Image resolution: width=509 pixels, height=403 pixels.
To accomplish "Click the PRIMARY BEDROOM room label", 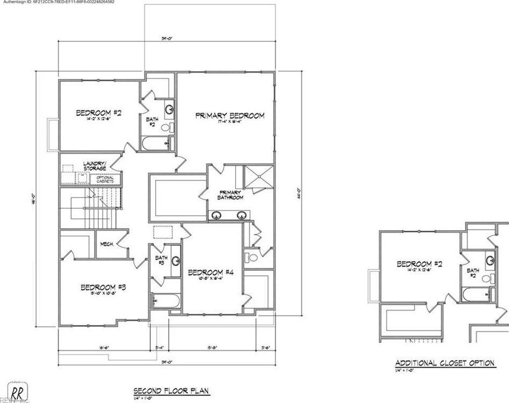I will (x=229, y=116).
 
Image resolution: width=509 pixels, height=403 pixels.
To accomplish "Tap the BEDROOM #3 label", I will (x=103, y=288).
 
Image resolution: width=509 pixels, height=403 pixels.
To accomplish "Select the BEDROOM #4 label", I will (x=210, y=273).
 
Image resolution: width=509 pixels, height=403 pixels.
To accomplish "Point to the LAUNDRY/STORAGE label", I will (x=94, y=165).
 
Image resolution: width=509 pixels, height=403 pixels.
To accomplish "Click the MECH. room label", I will (x=106, y=245).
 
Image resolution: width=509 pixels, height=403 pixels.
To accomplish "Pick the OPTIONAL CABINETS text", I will (x=105, y=179).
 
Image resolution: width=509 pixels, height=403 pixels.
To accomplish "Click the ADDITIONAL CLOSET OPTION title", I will (x=445, y=363).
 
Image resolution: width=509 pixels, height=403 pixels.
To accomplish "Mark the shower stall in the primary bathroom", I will (x=259, y=178).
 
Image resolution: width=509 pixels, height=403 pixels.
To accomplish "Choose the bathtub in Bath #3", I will (x=164, y=301).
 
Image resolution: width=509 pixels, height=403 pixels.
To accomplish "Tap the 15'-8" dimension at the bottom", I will (x=213, y=347).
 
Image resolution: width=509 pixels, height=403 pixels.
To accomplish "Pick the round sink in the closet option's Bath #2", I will (x=490, y=261).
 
